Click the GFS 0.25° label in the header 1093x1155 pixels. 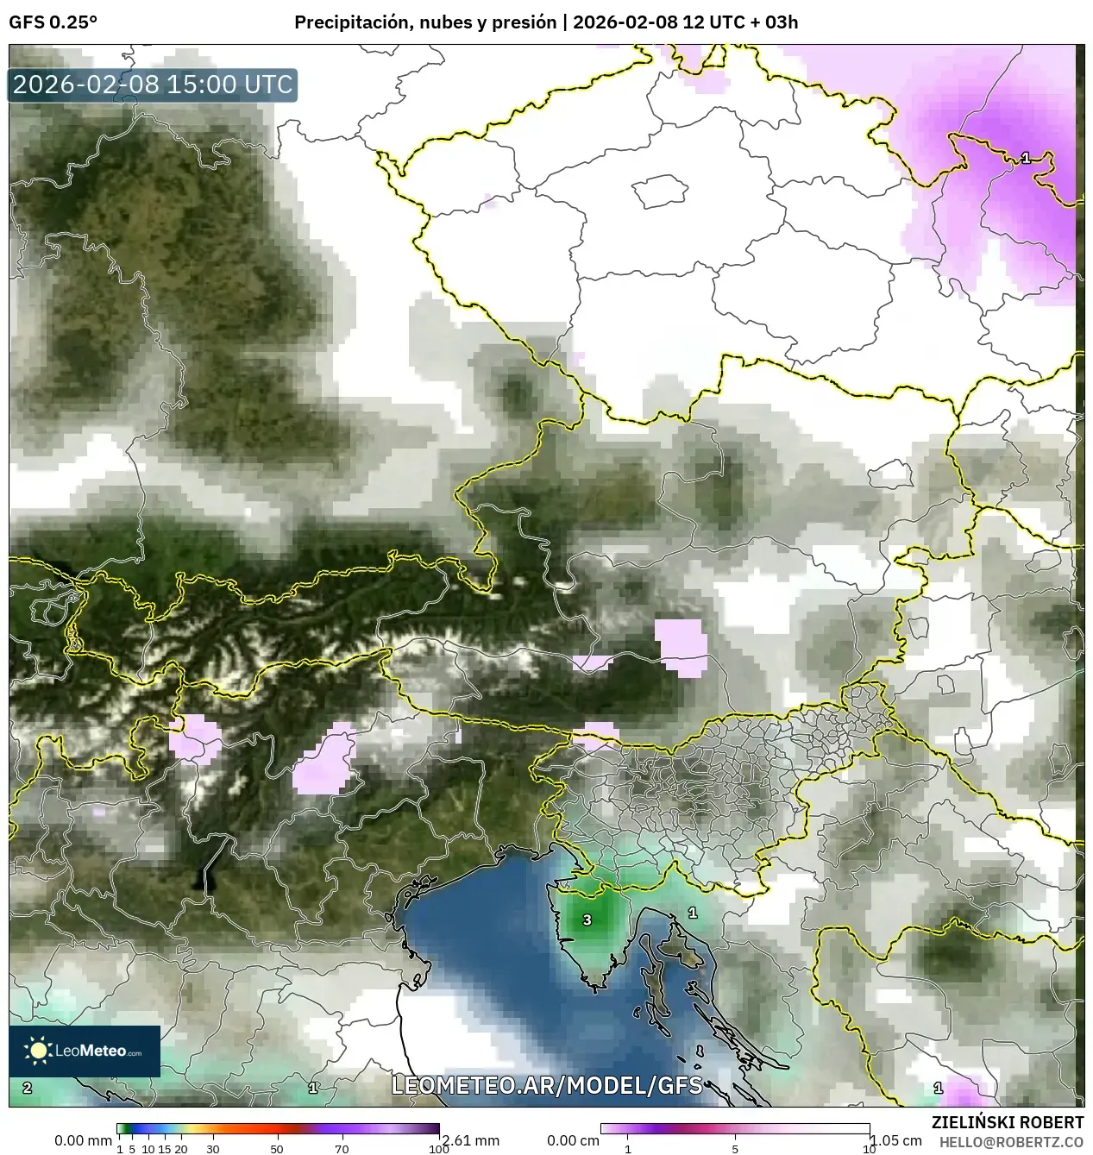[53, 22]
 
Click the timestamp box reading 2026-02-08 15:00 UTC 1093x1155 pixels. [153, 85]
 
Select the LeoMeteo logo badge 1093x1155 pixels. [85, 1051]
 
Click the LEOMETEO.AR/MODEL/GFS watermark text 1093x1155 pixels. [547, 1085]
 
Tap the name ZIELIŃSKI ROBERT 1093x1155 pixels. [1008, 1122]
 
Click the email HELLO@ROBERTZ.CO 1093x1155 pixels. [1011, 1141]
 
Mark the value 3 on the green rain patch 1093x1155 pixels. [587, 920]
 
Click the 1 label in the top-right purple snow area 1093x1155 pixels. [1025, 158]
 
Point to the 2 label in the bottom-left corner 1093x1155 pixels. [28, 1088]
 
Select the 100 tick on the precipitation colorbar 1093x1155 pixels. [439, 1149]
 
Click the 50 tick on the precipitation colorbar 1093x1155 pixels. [277, 1149]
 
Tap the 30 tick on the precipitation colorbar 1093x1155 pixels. [213, 1149]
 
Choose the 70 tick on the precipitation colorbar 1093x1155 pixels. [342, 1149]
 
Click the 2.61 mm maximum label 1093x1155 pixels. [469, 1140]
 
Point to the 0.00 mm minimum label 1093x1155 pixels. [83, 1140]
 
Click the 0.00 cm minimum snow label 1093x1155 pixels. [574, 1140]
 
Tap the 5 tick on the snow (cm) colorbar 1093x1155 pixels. [735, 1149]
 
